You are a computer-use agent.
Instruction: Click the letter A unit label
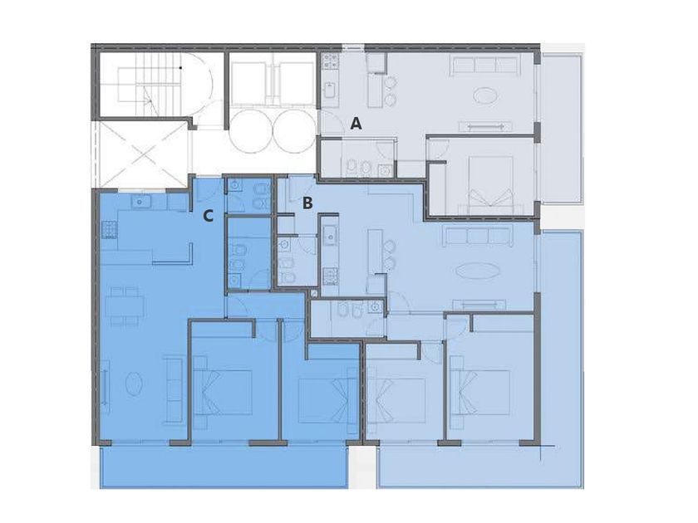356,123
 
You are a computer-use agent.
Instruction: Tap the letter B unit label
307,203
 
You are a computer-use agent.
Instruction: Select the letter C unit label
209,216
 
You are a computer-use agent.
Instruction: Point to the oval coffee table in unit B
477,271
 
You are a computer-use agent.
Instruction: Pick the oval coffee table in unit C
134,383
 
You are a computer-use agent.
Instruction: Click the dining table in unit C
125,305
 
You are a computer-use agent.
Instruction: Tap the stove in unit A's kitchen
331,61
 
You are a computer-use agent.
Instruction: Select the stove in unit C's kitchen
109,230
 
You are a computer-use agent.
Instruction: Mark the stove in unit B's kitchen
330,276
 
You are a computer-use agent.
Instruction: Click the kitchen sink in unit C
140,202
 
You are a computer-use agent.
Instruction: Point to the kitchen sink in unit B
330,235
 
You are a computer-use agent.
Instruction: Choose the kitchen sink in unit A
329,90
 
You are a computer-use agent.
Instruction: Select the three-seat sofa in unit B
478,236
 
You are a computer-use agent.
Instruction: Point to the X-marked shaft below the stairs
141,154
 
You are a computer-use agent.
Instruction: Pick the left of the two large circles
251,130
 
